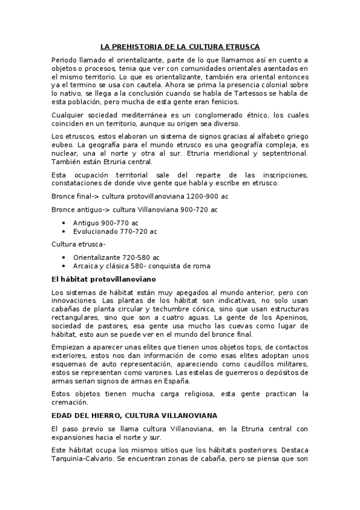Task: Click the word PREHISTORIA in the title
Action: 139,46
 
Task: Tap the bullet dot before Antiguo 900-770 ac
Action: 64,223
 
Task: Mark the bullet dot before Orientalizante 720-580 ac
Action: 64,257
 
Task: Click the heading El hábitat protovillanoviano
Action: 103,280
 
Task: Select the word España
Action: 175,381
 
